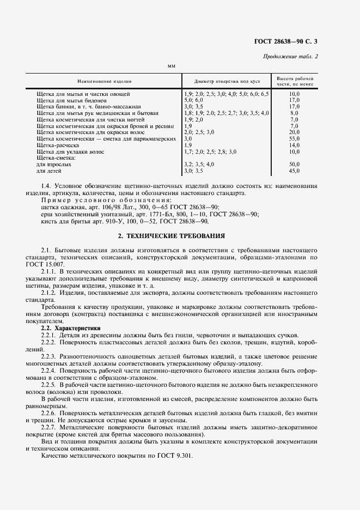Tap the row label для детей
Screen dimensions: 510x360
pos(48,171)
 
